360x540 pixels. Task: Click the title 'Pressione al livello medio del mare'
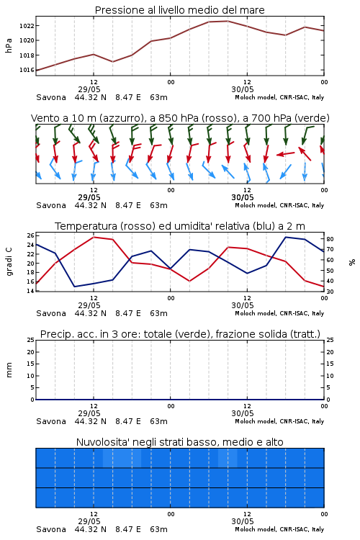pyautogui.click(x=179, y=10)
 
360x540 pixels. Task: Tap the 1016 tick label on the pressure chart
pyautogui.click(x=27, y=70)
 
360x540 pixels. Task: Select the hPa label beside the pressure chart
pyautogui.click(x=9, y=45)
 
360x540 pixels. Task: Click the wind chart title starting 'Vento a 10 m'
pyautogui.click(x=180, y=118)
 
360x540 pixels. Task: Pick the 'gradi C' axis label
pyautogui.click(x=9, y=261)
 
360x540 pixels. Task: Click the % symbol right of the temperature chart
pyautogui.click(x=352, y=262)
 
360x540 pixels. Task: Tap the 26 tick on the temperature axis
pyautogui.click(x=31, y=235)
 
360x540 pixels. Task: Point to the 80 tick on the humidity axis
pyautogui.click(x=330, y=239)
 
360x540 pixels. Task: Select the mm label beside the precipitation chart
pyautogui.click(x=9, y=369)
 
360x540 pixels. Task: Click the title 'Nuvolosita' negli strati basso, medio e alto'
pyautogui.click(x=179, y=442)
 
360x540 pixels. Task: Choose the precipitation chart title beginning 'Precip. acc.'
pyautogui.click(x=180, y=334)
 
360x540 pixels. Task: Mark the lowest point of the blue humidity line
pyautogui.click(x=75, y=287)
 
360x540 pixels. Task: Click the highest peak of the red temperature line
pyautogui.click(x=94, y=237)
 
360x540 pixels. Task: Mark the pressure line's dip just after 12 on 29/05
pyautogui.click(x=112, y=62)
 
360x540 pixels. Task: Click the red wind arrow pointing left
pyautogui.click(x=286, y=154)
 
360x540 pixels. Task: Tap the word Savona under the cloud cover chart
pyautogui.click(x=51, y=529)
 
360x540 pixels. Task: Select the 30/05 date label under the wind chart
pyautogui.click(x=243, y=198)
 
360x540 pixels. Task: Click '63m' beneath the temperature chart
pyautogui.click(x=159, y=313)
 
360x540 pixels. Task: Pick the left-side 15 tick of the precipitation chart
pyautogui.click(x=31, y=364)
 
